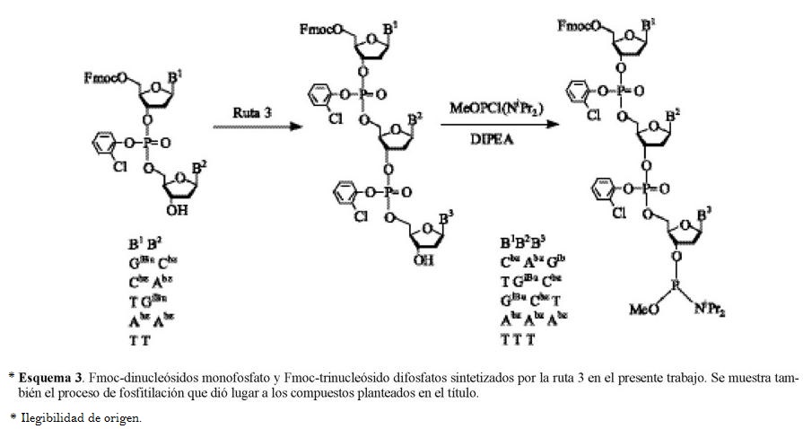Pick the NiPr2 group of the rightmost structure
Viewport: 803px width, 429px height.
pyautogui.click(x=709, y=311)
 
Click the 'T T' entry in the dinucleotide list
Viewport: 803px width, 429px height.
pyautogui.click(x=138, y=339)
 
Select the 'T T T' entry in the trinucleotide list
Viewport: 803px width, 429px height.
pyautogui.click(x=518, y=339)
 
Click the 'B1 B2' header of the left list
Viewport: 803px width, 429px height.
pyautogui.click(x=142, y=243)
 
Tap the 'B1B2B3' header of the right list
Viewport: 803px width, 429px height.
pyautogui.click(x=522, y=243)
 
